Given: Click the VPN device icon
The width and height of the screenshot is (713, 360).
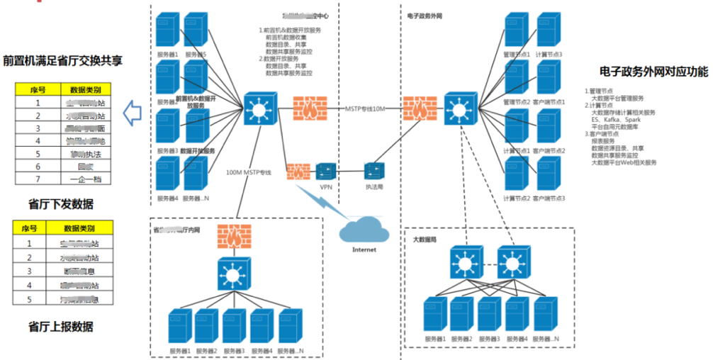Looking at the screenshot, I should coord(327,171).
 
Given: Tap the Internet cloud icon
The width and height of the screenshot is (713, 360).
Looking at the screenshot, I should coord(364,230).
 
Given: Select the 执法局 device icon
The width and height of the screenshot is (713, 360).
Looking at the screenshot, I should coord(374,171).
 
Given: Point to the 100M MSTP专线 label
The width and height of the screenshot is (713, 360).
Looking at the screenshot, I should coord(249,173).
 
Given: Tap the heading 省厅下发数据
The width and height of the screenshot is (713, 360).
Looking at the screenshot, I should coord(61,205).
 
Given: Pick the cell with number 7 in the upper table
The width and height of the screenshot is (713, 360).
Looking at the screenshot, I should coord(38,179).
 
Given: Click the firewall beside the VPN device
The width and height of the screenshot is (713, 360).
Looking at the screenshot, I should coord(298,171).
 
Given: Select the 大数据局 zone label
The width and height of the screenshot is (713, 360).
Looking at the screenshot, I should coord(424,240).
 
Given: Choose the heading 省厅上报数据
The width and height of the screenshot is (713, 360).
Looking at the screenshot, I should coord(61,327).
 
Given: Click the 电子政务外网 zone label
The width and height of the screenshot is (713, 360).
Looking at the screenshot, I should coord(427,13).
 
